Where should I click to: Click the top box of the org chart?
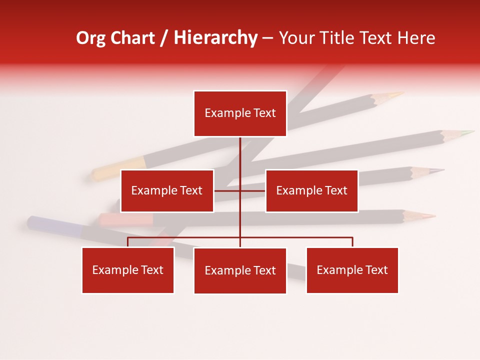[240, 113]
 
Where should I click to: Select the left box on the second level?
[167, 190]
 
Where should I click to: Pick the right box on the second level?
[311, 190]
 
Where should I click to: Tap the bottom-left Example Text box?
[128, 270]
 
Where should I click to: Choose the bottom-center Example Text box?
[240, 270]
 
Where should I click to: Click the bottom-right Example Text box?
[352, 270]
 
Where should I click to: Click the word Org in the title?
[90, 38]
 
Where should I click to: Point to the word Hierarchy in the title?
[215, 38]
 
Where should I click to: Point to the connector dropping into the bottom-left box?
[128, 242]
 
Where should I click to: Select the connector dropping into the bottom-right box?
[352, 242]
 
